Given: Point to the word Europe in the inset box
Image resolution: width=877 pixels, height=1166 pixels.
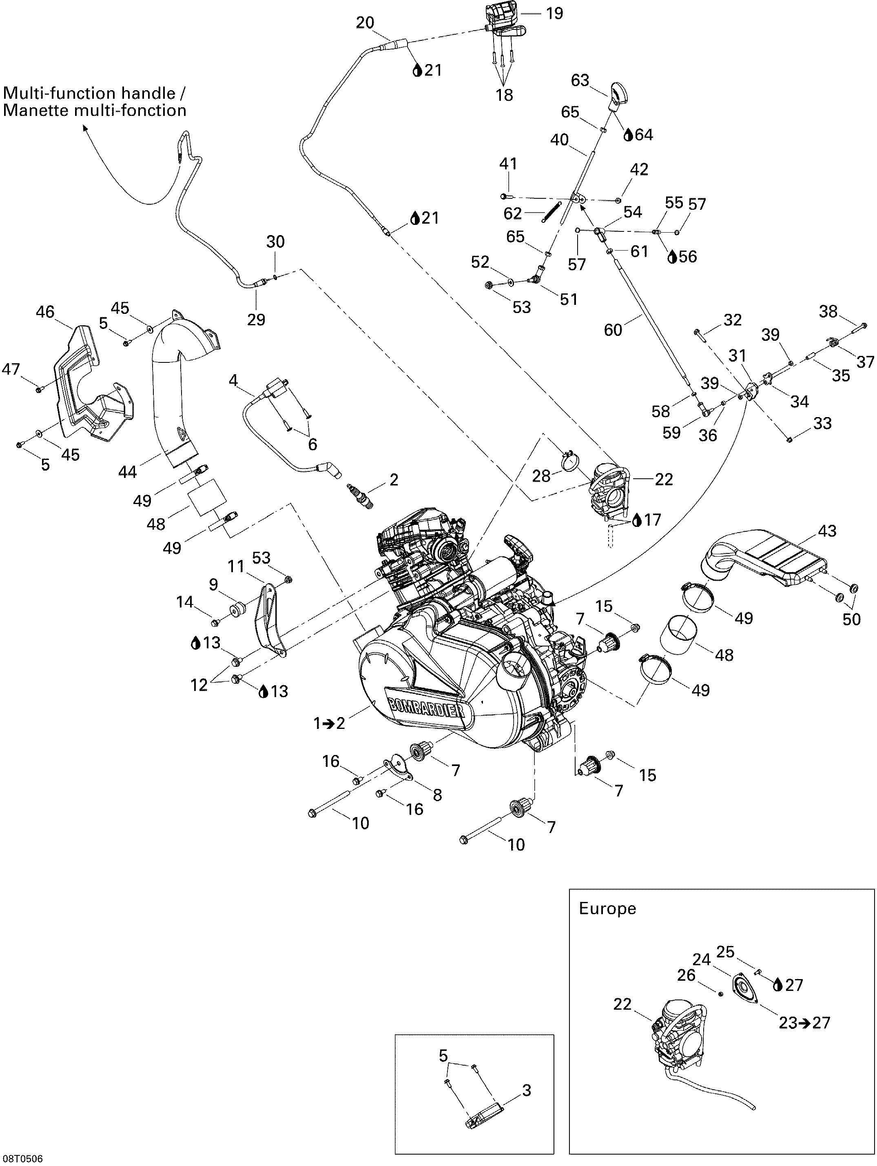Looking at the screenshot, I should [607, 908].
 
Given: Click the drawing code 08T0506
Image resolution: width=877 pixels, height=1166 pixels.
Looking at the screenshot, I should [22, 1159].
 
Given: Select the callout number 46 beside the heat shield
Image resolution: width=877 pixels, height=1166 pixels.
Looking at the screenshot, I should [45, 312].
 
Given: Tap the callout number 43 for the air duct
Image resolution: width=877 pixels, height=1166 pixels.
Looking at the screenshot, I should [827, 531].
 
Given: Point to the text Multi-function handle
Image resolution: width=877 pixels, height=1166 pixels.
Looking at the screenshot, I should [90, 93].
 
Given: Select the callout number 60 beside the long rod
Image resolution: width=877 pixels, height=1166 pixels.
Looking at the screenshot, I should [613, 330].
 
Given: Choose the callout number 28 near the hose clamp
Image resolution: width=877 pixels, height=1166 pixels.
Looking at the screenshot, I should [541, 476].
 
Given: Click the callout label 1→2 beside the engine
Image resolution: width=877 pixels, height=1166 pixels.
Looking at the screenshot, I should [329, 724].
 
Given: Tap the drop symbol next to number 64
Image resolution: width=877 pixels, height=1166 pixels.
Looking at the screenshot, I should [628, 135].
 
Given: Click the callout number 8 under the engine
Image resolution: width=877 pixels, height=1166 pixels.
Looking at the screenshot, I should [437, 795].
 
